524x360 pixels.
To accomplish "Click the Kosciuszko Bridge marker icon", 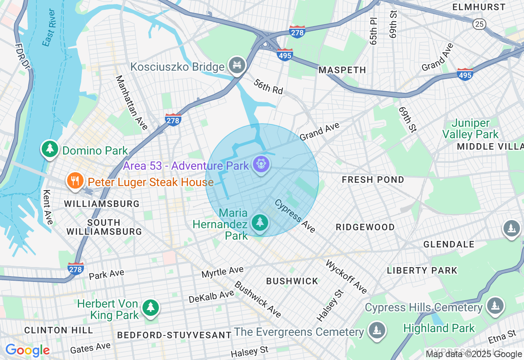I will tap(237, 65).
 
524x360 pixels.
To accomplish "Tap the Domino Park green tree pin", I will tap(50, 149).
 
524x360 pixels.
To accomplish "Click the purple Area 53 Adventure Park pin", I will tap(261, 164).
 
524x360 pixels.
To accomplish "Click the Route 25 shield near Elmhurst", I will tap(479, 24).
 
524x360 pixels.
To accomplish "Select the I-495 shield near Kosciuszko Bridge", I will tap(285, 54).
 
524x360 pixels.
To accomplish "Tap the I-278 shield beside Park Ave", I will tap(76, 268).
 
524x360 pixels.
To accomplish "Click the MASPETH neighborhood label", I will tap(342, 70).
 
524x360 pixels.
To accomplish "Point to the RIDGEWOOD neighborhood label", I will tap(365, 227).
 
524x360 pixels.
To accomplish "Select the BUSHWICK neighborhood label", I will tap(292, 281).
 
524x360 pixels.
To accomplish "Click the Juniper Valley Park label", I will tap(470, 128).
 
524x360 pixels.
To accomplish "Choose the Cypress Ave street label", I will tap(295, 216).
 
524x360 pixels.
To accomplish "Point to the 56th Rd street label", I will tap(268, 86).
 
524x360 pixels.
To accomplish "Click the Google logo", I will tap(27, 350).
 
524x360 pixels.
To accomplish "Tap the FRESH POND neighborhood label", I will tap(373, 180).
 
